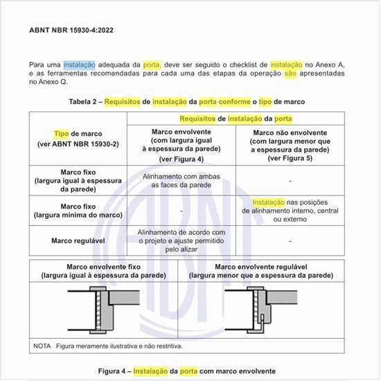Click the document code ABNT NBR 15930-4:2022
pos(70,31)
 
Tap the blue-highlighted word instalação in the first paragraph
pos(79,64)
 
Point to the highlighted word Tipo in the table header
pos(62,133)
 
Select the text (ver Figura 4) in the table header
pos(181,159)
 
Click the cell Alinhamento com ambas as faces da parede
pos(181,181)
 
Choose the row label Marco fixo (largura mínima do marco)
pos(78,211)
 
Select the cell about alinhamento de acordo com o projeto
pos(181,241)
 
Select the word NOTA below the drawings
pos(43,346)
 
